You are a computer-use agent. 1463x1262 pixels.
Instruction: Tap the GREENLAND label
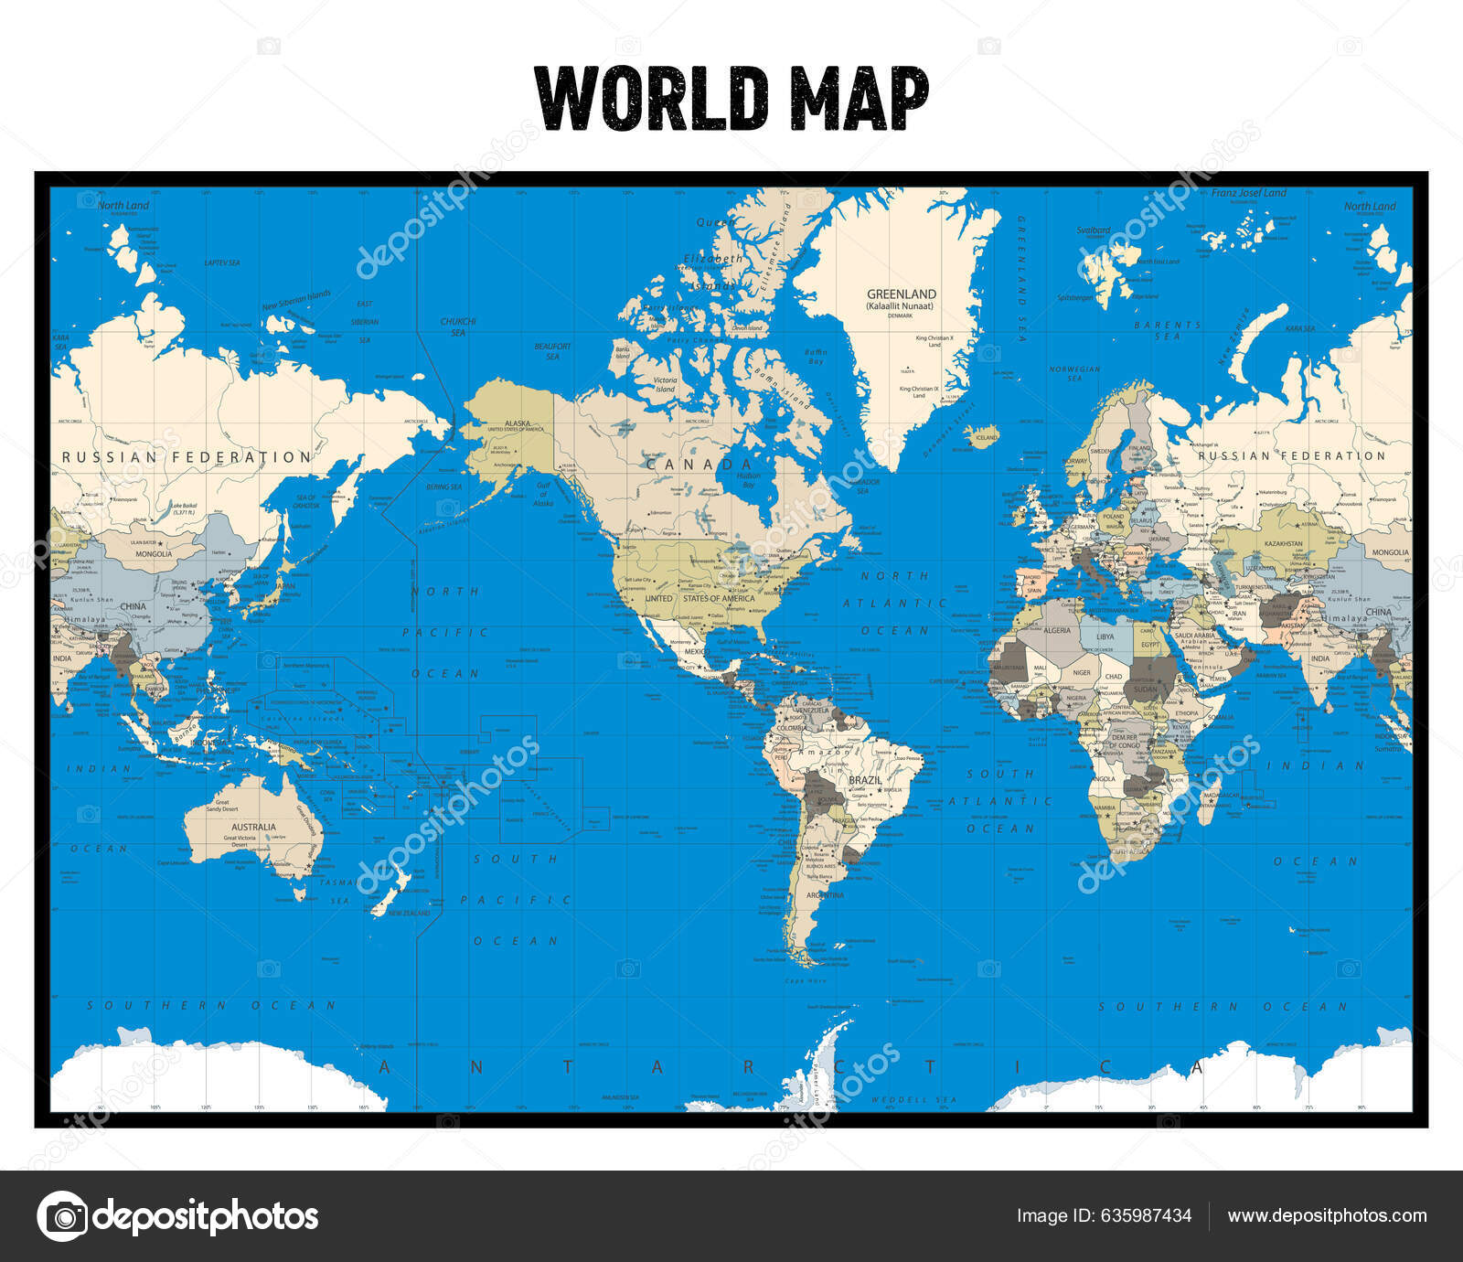point(902,294)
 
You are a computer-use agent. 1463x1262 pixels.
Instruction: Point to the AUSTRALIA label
point(253,827)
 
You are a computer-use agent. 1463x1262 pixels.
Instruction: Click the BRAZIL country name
point(865,781)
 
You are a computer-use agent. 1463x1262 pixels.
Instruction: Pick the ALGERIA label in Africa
point(1057,631)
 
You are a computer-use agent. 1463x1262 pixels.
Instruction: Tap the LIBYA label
point(1105,636)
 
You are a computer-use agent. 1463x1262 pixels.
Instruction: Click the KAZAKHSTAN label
point(1283,544)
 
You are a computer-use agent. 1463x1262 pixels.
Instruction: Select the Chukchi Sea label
point(458,326)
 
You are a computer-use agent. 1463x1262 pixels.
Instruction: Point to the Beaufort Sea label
point(552,351)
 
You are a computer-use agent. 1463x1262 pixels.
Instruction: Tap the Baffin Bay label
point(816,357)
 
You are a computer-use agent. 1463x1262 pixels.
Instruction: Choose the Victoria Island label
point(665,384)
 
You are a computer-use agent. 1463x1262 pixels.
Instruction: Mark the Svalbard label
point(1094,230)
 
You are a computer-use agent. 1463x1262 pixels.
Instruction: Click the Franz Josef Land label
point(1248,193)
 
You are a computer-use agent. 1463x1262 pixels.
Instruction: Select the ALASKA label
point(518,424)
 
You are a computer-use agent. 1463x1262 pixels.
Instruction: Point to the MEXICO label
point(697,652)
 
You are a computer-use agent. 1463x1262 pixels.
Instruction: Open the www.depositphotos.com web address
point(1327,1215)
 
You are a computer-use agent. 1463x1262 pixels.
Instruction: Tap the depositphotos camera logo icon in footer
point(63,1216)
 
